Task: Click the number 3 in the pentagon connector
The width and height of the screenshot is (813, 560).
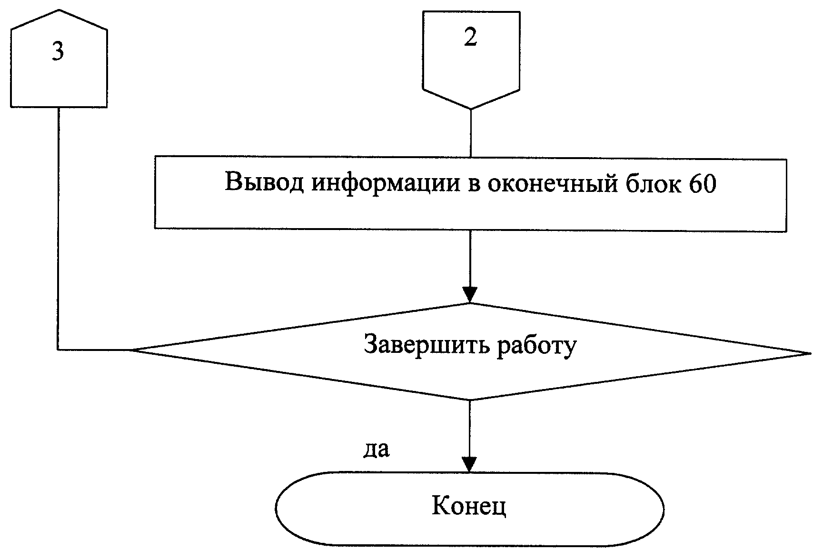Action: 58,51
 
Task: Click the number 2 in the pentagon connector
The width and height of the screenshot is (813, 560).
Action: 470,37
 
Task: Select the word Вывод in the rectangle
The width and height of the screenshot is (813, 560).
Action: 264,181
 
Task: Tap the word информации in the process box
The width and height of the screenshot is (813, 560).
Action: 386,183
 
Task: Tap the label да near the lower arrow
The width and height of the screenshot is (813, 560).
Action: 377,450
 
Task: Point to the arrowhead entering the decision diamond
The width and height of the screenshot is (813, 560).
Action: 470,295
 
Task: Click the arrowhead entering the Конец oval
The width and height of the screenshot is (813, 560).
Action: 469,464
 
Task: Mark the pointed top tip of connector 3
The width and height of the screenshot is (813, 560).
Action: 59,10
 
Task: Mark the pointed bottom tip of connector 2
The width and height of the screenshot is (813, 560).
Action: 471,109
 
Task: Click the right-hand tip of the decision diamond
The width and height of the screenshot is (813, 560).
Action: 810,353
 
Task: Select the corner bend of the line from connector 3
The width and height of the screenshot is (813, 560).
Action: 58,350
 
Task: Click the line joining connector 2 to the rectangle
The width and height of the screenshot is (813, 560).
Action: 471,133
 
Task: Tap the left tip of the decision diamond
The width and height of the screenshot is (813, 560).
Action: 131,350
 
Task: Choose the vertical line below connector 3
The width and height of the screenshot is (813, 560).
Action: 58,229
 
